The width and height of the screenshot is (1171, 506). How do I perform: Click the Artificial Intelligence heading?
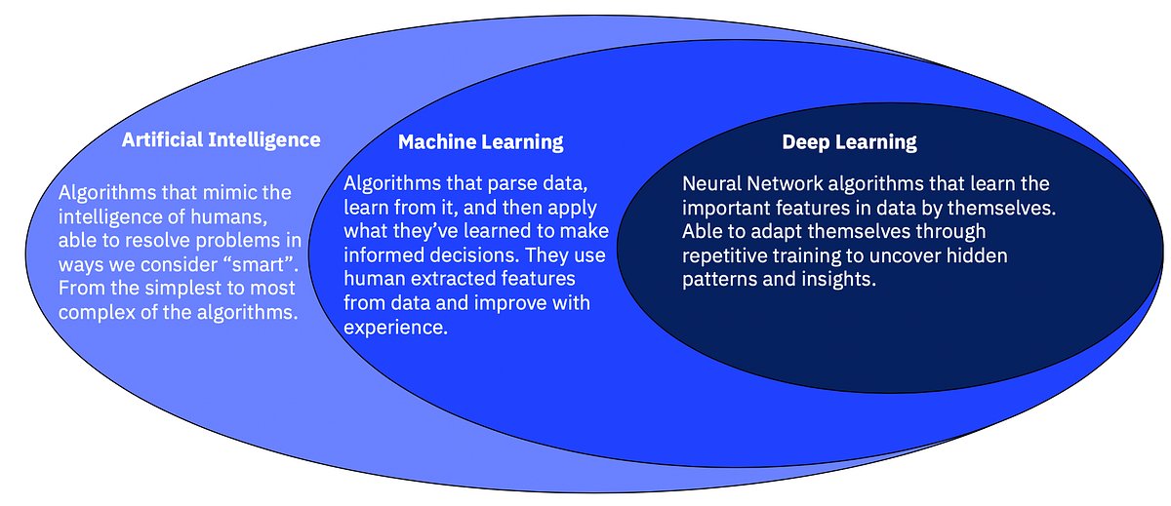221,139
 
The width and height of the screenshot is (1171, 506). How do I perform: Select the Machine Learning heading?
480,142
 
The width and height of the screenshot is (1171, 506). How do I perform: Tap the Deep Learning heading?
849,142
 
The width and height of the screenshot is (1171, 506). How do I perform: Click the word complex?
96,314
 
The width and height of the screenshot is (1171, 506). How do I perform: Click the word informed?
384,255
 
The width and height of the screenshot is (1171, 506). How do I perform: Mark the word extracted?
440,279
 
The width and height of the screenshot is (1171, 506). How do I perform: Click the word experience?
395,328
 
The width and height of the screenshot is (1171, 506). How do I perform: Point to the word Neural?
710,183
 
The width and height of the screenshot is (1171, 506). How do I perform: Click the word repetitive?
724,255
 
